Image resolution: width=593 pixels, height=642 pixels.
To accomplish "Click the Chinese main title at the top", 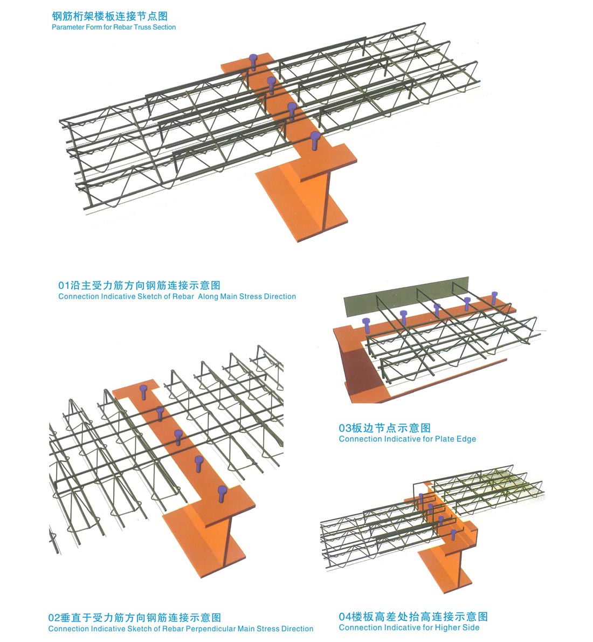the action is click(x=110, y=16).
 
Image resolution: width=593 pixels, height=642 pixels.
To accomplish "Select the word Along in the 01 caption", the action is click(x=208, y=296).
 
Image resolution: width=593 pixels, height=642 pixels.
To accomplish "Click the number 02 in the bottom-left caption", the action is click(x=54, y=617).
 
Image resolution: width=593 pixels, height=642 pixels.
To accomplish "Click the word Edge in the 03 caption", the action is click(x=466, y=439).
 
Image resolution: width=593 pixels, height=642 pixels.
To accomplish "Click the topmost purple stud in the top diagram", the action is click(x=253, y=62).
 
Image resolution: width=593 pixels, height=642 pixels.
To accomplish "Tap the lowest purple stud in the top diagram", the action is click(x=314, y=141).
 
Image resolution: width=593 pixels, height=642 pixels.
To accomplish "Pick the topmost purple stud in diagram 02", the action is click(x=143, y=392).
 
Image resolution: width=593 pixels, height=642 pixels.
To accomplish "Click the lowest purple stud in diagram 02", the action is click(x=222, y=493).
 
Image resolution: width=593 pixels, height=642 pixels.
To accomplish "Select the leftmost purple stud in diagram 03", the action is click(x=366, y=326).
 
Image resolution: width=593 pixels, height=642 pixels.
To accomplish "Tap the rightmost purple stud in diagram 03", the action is click(x=494, y=298).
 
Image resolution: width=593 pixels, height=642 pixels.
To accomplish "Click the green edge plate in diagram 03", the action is click(x=405, y=296).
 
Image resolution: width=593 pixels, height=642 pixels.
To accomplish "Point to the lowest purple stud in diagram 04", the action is click(x=453, y=535).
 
